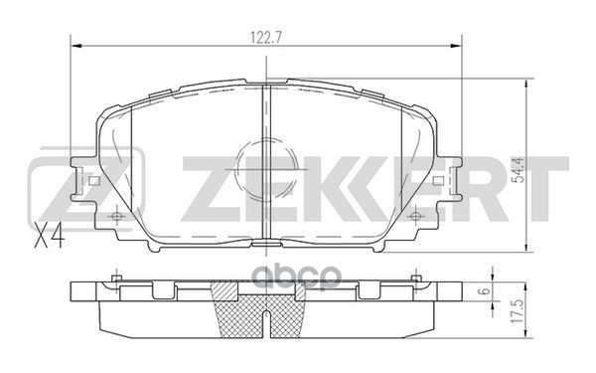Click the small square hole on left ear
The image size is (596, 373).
(92, 181)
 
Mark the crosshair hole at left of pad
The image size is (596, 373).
(117, 215)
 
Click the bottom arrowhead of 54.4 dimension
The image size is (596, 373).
(518, 249)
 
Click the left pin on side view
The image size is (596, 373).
(117, 278)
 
